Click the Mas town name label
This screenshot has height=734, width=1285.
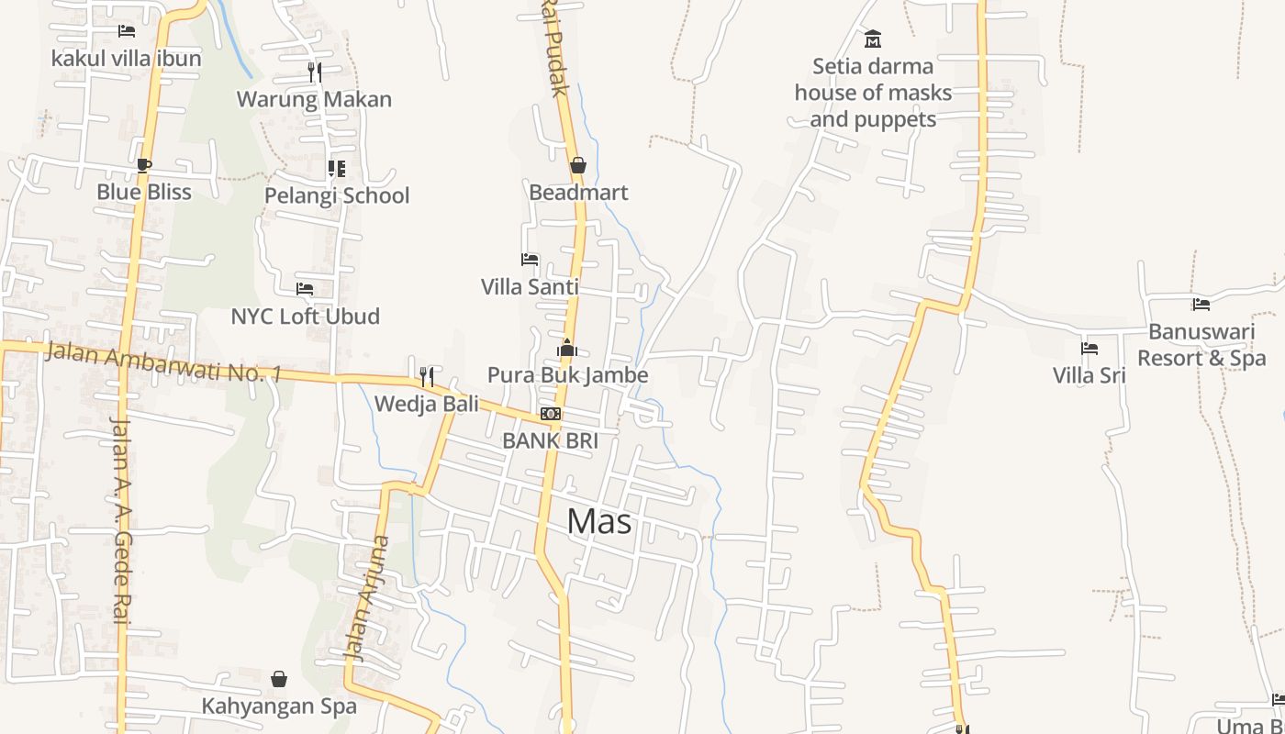pos(599,521)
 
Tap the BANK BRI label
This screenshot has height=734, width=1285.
pos(550,440)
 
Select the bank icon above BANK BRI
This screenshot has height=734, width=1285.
pos(551,414)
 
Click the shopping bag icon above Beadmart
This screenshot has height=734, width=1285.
pos(578,165)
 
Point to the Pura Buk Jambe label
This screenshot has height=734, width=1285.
pos(567,374)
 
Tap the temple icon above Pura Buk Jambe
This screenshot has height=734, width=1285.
pos(567,348)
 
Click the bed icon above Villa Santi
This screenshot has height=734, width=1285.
pos(530,260)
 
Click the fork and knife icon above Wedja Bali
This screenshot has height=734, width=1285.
pos(426,376)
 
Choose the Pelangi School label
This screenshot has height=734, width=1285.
pos(337,195)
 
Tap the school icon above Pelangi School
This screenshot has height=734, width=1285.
pos(337,169)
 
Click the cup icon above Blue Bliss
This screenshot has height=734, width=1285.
pos(143,165)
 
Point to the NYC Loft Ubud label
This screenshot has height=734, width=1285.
pos(305,317)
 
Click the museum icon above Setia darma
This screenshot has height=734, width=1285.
pos(873,39)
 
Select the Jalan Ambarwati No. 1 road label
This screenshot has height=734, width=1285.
pos(162,361)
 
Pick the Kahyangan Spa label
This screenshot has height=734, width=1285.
pos(279,706)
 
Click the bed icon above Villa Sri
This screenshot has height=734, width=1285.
pos(1089,349)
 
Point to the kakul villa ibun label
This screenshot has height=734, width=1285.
pos(126,58)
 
